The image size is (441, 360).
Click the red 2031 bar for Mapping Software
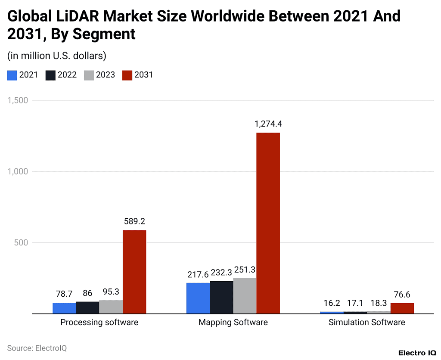pyautogui.click(x=268, y=223)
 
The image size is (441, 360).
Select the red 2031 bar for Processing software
pyautogui.click(x=134, y=272)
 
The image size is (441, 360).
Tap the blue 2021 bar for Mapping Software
pyautogui.click(x=198, y=298)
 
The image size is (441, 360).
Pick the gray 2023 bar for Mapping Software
pyautogui.click(x=245, y=296)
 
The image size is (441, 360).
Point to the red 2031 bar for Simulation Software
pyautogui.click(x=402, y=308)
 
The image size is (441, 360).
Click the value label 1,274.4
pyautogui.click(x=268, y=124)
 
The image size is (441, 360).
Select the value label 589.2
pyautogui.click(x=134, y=221)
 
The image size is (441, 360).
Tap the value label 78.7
pyautogui.click(x=65, y=294)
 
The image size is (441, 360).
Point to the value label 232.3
pyautogui.click(x=221, y=273)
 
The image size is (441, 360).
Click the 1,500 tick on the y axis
pyautogui.click(x=18, y=100)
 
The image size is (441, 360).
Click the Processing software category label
pyautogui.click(x=99, y=323)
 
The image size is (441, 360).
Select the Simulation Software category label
pyautogui.click(x=366, y=323)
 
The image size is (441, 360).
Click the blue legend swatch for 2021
pyautogui.click(x=12, y=75)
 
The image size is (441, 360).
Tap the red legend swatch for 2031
pyautogui.click(x=127, y=75)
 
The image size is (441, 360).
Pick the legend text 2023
pyautogui.click(x=105, y=75)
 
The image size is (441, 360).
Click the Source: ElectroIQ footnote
pyautogui.click(x=37, y=348)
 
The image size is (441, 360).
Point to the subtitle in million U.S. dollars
pyautogui.click(x=56, y=56)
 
